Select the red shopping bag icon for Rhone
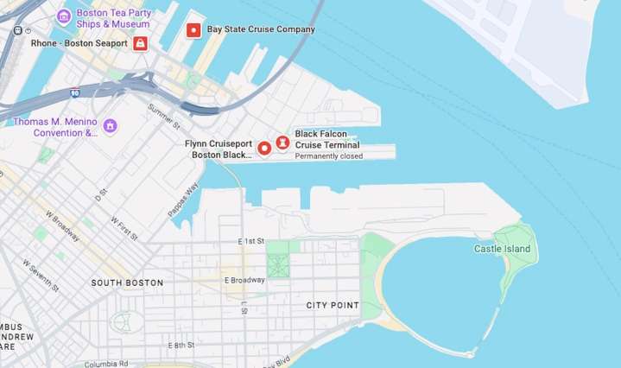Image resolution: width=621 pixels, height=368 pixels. pyautogui.click(x=140, y=43)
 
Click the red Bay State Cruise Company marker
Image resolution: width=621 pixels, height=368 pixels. pyautogui.click(x=193, y=30)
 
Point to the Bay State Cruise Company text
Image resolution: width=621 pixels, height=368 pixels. pyautogui.click(x=260, y=29)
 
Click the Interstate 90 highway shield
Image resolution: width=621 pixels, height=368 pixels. pyautogui.click(x=75, y=92)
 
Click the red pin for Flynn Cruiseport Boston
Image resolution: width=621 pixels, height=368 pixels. pyautogui.click(x=264, y=148)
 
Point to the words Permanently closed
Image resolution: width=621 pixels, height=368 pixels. pyautogui.click(x=328, y=156)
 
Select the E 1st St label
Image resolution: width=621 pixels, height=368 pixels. pyautogui.click(x=251, y=241)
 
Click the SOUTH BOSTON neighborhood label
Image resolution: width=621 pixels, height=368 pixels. pyautogui.click(x=127, y=282)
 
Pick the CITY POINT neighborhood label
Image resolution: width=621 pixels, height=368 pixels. pyautogui.click(x=332, y=305)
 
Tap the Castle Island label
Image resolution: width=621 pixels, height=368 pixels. pyautogui.click(x=502, y=249)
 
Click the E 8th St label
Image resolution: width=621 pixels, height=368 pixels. pyautogui.click(x=181, y=345)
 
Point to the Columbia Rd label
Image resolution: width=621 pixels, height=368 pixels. pyautogui.click(x=106, y=364)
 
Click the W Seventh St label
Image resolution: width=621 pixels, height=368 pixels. pyautogui.click(x=41, y=274)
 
